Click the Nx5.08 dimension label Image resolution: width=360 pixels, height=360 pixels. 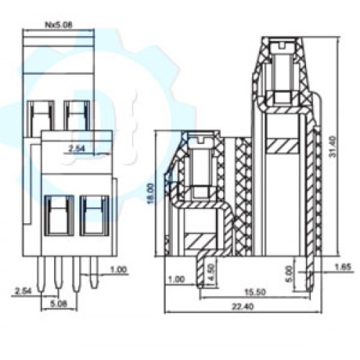click(59, 24)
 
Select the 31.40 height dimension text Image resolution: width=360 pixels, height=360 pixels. click(333, 147)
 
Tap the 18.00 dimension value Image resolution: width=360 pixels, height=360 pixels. click(150, 194)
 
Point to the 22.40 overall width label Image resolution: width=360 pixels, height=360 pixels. click(243, 307)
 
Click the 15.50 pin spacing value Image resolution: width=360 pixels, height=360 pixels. click(255, 292)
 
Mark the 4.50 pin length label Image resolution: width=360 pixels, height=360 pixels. click(211, 274)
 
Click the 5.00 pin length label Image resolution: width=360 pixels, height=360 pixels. click(289, 274)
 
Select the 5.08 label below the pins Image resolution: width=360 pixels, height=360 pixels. click(59, 304)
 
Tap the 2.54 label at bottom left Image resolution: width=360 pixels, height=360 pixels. click(23, 291)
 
